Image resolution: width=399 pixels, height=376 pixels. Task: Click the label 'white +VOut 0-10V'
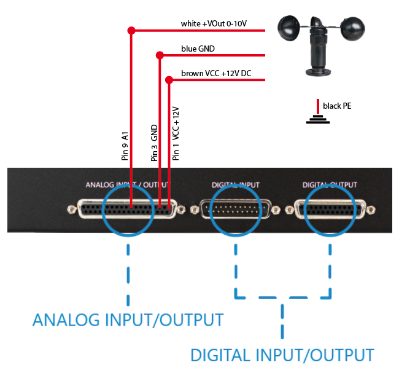214,24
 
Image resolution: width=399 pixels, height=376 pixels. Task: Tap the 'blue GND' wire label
198,49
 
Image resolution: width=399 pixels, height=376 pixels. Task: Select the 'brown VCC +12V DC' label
216,74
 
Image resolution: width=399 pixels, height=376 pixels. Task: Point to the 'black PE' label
337,106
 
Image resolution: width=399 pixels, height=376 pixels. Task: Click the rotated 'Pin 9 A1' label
125,146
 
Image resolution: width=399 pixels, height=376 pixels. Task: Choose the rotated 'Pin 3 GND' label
155,143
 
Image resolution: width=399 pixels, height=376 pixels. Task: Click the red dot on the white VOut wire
130,30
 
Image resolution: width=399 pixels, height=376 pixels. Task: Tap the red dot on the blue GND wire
160,55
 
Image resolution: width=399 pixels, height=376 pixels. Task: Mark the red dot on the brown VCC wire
169,79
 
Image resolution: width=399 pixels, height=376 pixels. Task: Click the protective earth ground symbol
318,117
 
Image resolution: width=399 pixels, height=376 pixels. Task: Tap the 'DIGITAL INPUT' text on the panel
236,184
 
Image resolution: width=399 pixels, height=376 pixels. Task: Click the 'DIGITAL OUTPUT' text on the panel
330,184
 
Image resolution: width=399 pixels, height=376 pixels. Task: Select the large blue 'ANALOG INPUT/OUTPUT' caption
128,320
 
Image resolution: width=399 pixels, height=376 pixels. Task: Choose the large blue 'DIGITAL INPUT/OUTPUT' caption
282,355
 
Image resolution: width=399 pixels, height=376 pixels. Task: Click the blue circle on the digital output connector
331,210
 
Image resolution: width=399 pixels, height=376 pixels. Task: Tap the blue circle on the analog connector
128,210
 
